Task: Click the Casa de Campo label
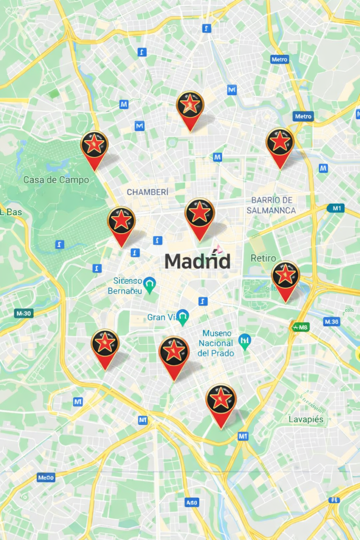[56, 180]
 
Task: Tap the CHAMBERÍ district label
[148, 192]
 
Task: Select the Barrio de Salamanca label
[271, 205]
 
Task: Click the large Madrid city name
[197, 261]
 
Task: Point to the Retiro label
[263, 258]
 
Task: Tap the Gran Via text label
[161, 317]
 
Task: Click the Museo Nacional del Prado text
[215, 343]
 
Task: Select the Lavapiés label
[306, 419]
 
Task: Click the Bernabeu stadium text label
[125, 286]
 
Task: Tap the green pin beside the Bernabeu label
[150, 285]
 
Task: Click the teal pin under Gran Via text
[183, 317]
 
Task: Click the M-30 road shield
[24, 313]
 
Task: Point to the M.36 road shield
[332, 322]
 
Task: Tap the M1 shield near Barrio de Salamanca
[335, 208]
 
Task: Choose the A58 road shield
[192, 503]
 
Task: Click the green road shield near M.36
[300, 327]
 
